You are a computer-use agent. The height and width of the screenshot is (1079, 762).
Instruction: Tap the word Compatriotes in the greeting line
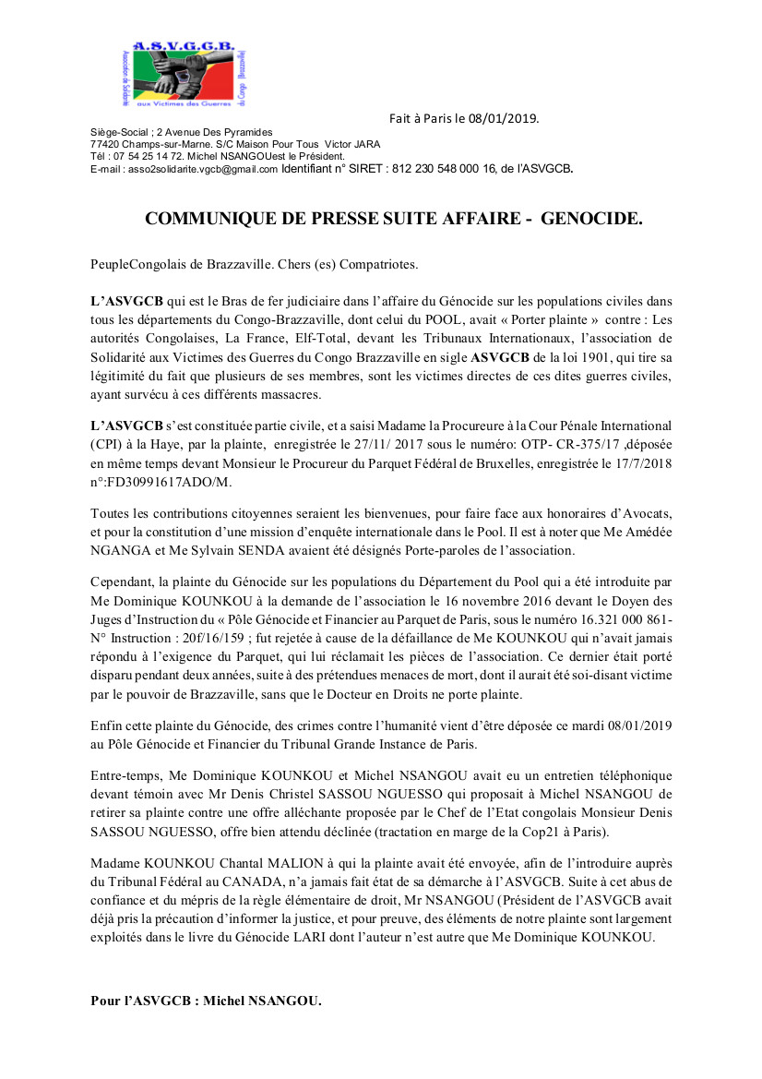coord(378,264)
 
